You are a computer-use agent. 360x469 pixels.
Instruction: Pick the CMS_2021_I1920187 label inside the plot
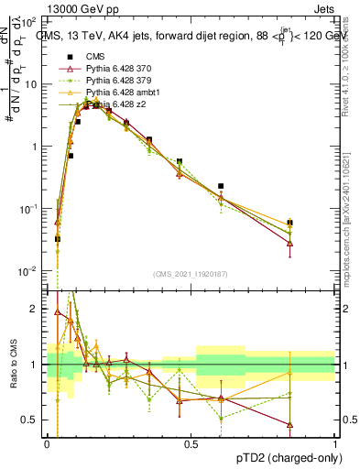(191, 273)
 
